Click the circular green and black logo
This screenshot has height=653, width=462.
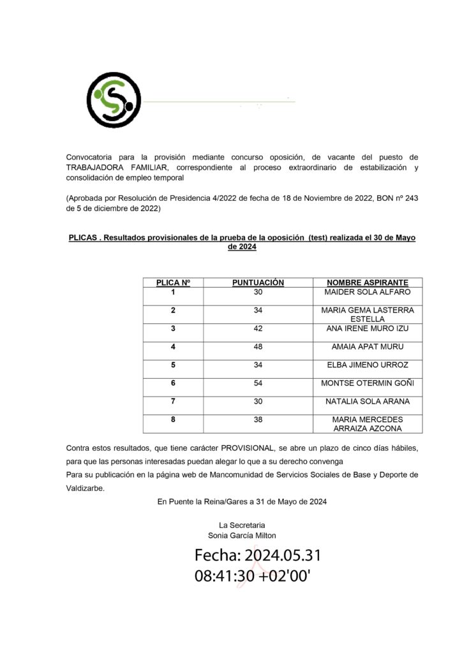pos(114,100)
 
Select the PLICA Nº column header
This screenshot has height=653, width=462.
pos(173,282)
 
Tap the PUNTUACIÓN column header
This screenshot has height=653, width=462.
pos(258,282)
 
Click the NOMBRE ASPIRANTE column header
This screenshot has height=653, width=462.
pos(367,282)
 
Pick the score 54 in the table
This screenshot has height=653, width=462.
pos(258,383)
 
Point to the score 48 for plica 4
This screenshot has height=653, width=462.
pos(258,347)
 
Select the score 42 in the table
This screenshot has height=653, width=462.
pos(258,328)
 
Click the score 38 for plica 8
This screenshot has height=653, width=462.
pos(258,420)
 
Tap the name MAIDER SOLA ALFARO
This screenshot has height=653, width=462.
pos(367,292)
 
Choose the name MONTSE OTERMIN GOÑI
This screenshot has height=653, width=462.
pos(367,383)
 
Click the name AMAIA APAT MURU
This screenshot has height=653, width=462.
pos(367,347)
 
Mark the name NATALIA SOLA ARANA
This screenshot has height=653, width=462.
pos(367,402)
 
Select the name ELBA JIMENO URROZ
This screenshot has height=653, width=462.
pos(367,365)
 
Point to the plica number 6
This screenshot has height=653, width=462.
pos(173,383)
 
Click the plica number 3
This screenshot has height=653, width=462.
pos(173,328)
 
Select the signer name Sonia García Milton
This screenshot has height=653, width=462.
pos(242,536)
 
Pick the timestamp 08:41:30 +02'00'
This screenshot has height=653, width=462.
pos(253,576)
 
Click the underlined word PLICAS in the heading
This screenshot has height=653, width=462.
pos(82,238)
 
